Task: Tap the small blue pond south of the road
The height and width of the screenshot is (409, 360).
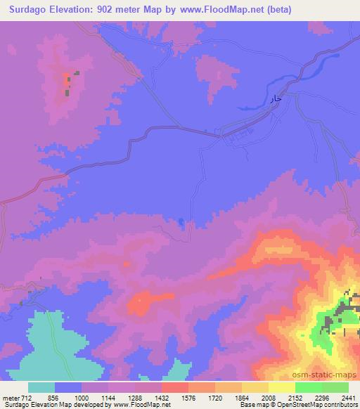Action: coord(182,223)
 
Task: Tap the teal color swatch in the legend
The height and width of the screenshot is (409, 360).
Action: coord(41,387)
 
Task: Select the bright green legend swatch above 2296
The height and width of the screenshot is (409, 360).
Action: coord(309,387)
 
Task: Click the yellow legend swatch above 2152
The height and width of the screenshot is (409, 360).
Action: coord(282,387)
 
